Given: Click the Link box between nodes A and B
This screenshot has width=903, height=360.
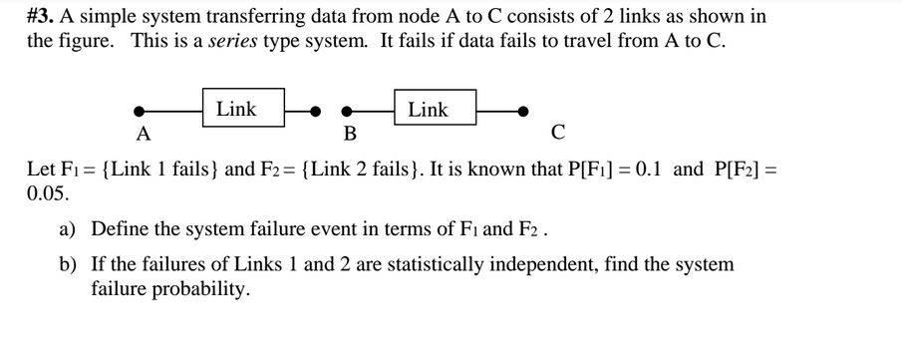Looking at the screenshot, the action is pos(237,110).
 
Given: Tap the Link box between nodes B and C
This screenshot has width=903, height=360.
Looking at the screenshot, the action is pos(429,110).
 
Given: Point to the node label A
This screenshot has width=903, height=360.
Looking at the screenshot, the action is pos(144,133).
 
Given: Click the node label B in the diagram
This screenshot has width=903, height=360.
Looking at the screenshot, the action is pos(349,134).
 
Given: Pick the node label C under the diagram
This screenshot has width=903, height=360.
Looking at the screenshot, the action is pos(557,132).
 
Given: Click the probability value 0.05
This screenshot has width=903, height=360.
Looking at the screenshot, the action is pos(45,192).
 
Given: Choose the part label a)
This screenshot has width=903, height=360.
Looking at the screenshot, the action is pos(67,229).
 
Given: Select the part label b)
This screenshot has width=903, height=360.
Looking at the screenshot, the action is pos(68,265).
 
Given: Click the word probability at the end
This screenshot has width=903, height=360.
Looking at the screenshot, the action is pos(200,290).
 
